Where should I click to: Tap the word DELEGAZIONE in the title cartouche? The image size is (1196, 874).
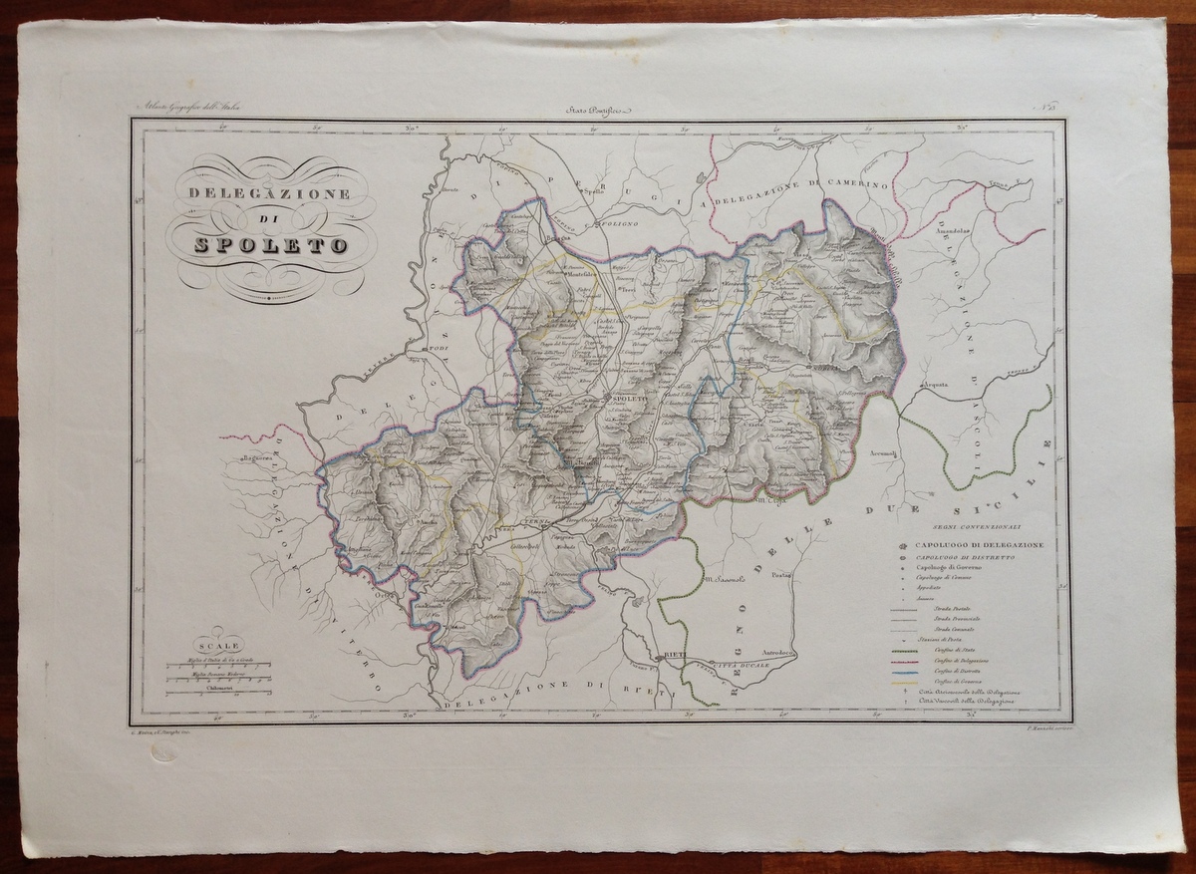pyautogui.click(x=270, y=193)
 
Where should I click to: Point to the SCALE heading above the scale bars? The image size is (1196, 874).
pyautogui.click(x=219, y=645)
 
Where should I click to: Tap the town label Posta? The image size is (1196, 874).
pyautogui.click(x=780, y=574)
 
